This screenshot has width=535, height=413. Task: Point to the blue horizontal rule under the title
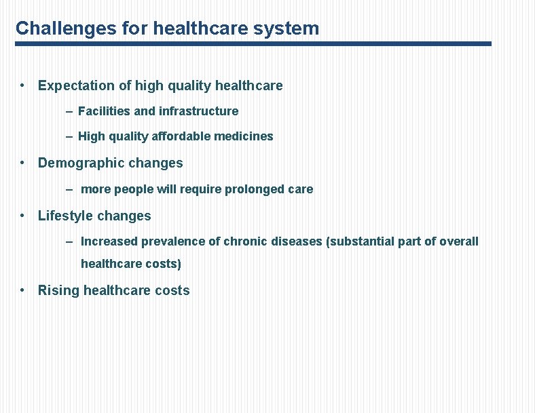click(253, 43)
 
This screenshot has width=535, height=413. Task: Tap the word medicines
click(244, 136)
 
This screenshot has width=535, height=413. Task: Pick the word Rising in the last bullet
click(58, 291)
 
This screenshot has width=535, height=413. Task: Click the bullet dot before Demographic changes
click(23, 163)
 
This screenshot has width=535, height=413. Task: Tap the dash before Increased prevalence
click(70, 241)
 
